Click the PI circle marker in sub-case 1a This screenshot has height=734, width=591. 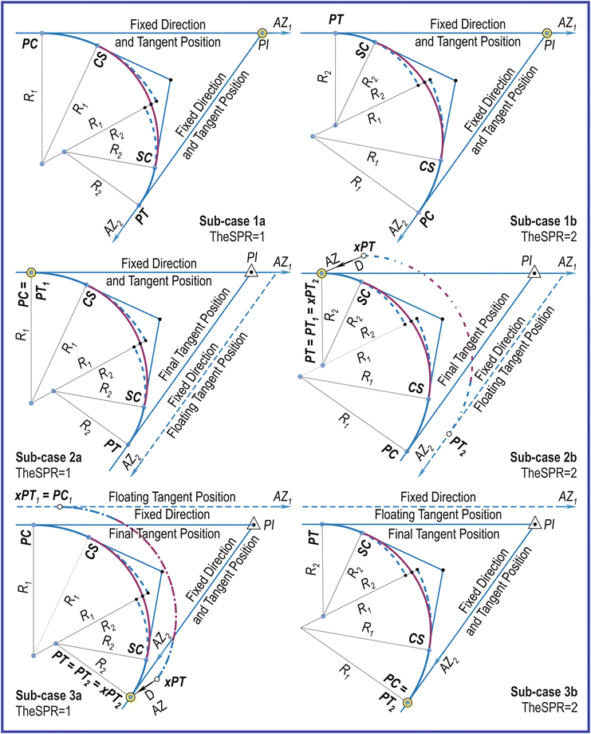coord(263,33)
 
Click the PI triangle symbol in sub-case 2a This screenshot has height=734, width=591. coord(251,271)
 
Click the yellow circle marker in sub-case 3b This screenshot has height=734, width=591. coord(407,702)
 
